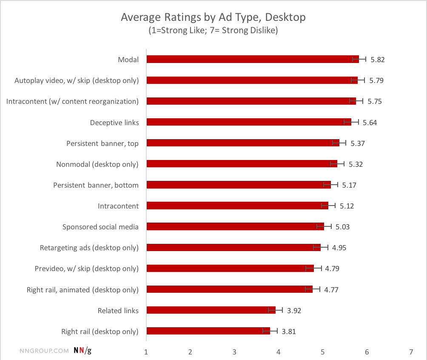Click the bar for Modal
253,59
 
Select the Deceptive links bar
249,122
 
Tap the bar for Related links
211,310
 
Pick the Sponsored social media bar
235,226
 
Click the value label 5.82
377,60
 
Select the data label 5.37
358,143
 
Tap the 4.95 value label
339,248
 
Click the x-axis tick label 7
411,352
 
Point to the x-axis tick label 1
146,352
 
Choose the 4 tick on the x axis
279,352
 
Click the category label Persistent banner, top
102,143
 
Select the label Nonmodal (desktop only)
97,164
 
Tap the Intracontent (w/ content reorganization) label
73,101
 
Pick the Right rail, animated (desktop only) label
83,290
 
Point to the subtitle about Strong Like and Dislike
213,31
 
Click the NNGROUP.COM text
45,351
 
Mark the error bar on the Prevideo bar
313,268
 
